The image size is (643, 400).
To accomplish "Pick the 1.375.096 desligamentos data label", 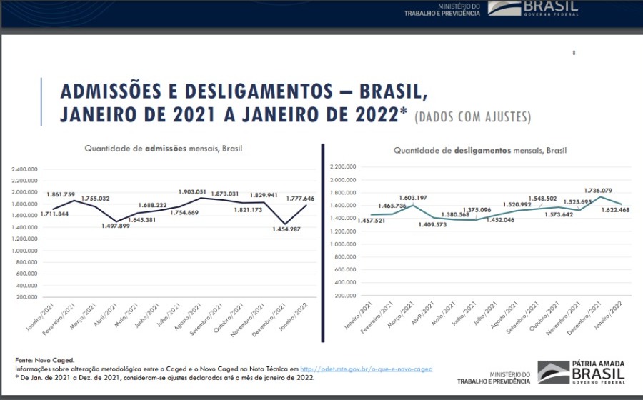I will point(475,210).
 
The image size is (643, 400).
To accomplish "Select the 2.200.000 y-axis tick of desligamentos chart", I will point(344,166).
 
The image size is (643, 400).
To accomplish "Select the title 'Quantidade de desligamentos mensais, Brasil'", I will point(479,151).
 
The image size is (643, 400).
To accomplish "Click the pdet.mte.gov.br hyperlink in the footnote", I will point(366,369).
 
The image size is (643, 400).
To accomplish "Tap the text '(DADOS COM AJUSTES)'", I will point(472,116).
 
